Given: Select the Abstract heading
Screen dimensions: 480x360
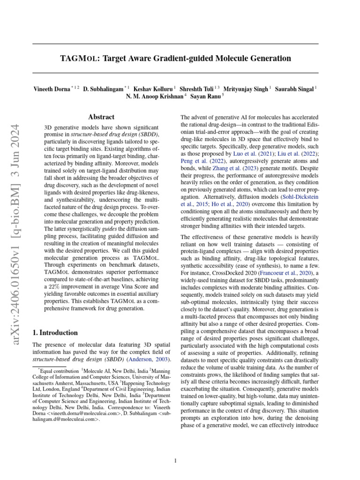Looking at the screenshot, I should (101, 117).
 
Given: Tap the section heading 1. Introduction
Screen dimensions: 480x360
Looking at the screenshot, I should (55, 333).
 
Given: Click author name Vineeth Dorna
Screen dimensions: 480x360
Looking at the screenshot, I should (51, 89).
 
